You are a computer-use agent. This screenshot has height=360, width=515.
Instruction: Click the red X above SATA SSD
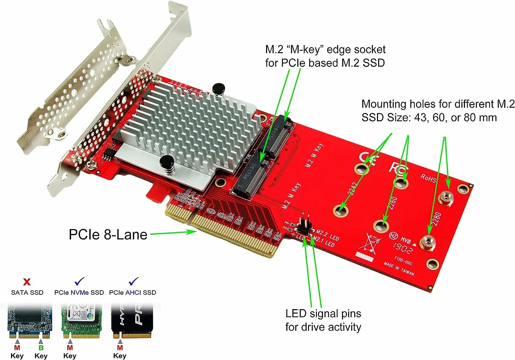click(26, 282)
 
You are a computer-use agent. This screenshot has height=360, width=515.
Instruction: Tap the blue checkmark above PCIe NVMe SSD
click(79, 282)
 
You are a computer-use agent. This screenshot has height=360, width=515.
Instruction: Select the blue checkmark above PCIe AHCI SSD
click(133, 282)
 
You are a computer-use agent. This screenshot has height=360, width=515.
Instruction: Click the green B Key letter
click(41, 348)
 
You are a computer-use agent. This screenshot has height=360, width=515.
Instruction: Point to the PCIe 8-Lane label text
click(108, 235)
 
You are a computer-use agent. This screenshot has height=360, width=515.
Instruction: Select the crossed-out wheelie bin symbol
click(371, 243)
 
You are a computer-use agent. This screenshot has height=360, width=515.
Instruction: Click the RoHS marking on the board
click(428, 178)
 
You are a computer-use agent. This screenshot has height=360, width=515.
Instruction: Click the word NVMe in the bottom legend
click(80, 293)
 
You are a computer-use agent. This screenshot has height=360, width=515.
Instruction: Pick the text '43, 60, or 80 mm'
click(455, 117)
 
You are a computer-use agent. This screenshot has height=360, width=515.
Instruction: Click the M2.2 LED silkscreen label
click(328, 235)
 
